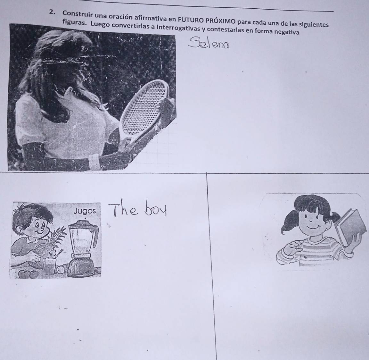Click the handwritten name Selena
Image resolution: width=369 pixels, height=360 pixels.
(x=209, y=43)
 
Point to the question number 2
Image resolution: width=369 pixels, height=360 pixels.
(x=52, y=12)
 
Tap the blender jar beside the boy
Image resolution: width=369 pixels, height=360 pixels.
(x=83, y=238)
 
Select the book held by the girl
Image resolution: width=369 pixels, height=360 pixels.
(x=351, y=227)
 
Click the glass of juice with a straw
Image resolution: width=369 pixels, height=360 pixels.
(x=50, y=264)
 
